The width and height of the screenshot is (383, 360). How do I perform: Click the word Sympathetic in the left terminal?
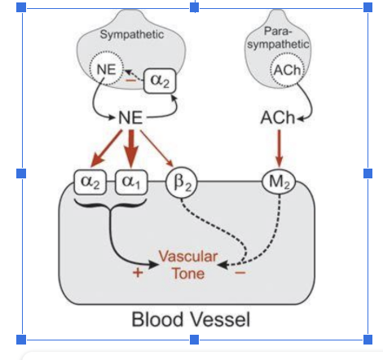click(x=131, y=35)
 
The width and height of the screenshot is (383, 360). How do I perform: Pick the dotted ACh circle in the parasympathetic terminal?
click(x=287, y=70)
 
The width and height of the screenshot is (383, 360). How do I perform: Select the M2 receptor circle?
click(x=276, y=181)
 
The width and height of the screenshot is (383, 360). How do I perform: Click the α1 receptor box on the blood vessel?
click(x=130, y=181)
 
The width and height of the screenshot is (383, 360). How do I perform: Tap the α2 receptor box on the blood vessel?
click(x=90, y=181)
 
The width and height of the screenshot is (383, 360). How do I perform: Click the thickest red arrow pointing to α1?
click(x=130, y=148)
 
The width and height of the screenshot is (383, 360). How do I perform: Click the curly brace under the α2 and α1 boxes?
click(x=110, y=204)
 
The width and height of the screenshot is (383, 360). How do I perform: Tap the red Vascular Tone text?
click(x=187, y=265)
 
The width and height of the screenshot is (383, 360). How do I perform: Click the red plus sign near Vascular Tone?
click(x=139, y=274)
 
